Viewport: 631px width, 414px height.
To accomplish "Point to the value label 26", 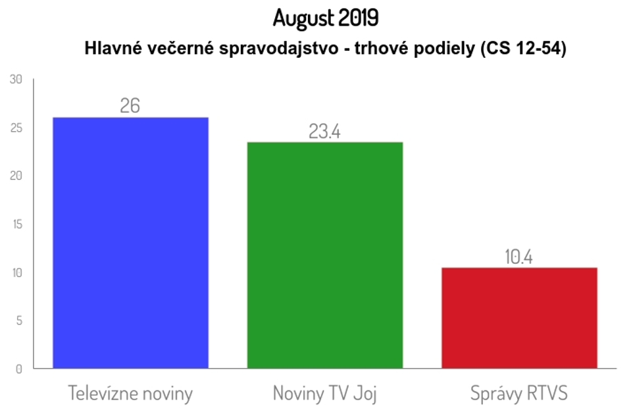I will tap(130, 105).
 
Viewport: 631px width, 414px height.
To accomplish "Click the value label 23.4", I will tap(324, 131).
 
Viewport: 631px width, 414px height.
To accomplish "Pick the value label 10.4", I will tap(518, 257).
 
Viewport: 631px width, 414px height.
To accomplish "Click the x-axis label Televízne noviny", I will tap(130, 394).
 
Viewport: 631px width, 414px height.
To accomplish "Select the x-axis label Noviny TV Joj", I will tap(324, 394).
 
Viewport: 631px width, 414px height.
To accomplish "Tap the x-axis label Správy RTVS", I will tap(519, 394).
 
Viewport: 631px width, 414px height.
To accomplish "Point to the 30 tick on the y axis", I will tap(16, 80).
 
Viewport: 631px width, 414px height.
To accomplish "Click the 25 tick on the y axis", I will tap(16, 128).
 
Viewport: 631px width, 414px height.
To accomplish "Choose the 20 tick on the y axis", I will tap(16, 176).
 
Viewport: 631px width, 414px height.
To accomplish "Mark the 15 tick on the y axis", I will tap(16, 224).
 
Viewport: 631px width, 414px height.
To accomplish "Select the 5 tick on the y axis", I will tap(18, 321).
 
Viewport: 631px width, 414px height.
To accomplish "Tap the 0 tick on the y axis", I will tap(18, 369).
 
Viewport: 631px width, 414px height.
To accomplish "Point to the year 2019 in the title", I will tap(359, 18).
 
